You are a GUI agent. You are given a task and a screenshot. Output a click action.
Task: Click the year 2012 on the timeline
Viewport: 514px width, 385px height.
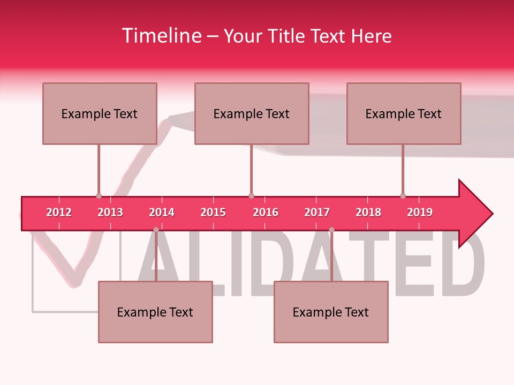(59, 212)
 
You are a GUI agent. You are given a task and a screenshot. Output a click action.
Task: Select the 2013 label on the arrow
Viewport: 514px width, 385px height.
(110, 212)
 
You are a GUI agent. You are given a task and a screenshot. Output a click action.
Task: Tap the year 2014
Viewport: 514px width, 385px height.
(162, 212)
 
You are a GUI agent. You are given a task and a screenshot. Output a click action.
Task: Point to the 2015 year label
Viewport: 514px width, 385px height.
(213, 212)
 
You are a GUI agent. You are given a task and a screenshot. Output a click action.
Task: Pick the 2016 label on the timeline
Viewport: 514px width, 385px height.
(266, 212)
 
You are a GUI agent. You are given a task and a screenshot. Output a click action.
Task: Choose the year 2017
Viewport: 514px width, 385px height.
(317, 212)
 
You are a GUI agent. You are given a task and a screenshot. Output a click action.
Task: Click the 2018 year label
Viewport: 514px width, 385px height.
(368, 212)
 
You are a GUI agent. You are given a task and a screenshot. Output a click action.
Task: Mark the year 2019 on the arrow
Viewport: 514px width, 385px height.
(420, 212)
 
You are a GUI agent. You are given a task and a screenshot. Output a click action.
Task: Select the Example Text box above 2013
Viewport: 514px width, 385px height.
(100, 113)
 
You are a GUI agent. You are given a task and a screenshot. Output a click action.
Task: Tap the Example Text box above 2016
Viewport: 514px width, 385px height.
(252, 113)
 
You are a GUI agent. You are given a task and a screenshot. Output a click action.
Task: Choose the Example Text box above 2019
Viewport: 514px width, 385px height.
(404, 113)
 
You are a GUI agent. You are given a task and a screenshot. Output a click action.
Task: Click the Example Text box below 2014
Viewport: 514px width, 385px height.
(155, 312)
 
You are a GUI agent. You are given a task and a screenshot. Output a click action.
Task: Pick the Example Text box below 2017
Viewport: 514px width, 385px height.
(331, 312)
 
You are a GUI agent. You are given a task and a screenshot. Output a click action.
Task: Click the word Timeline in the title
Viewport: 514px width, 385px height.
(161, 36)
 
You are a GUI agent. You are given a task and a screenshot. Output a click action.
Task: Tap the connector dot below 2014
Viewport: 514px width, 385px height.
(156, 230)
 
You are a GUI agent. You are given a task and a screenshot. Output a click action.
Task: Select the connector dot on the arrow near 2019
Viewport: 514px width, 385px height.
(403, 196)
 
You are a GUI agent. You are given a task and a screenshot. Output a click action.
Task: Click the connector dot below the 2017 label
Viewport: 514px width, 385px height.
(331, 230)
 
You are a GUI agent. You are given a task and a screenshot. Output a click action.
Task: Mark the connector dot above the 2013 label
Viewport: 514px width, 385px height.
(99, 196)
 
